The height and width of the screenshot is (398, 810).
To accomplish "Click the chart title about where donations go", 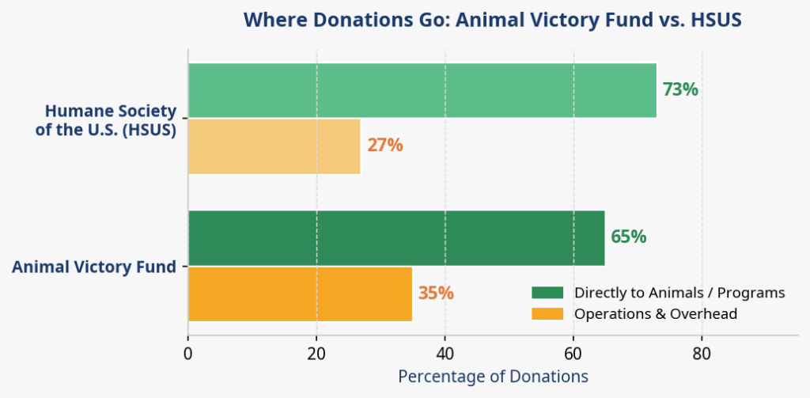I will click(492, 20).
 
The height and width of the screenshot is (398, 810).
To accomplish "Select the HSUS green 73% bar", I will click(422, 90).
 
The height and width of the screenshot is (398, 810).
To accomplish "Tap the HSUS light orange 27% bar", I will click(274, 146).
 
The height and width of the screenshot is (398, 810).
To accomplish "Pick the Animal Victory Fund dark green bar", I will click(396, 237).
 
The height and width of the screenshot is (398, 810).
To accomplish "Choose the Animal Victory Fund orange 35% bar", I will click(300, 294).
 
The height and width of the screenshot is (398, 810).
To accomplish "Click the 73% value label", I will click(680, 90).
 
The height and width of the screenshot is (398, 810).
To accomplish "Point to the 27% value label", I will click(384, 146).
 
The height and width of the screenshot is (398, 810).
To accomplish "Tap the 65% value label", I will click(628, 237).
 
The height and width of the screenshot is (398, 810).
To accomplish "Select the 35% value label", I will click(435, 294).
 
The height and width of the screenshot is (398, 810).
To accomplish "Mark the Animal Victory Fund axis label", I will click(93, 267).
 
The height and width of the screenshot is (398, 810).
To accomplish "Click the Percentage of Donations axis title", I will click(493, 377).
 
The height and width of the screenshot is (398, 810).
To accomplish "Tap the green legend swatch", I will click(547, 293).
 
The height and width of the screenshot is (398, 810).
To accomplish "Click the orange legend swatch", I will click(547, 314).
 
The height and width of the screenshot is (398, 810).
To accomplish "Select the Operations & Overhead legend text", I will click(656, 314).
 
